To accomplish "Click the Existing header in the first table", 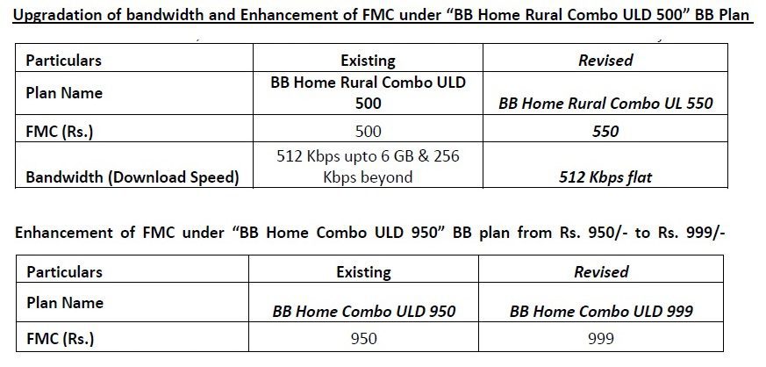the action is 368,61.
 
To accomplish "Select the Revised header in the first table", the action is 605,60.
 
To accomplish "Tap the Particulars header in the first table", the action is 63,60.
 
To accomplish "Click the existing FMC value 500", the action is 368,131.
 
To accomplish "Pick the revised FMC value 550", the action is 605,131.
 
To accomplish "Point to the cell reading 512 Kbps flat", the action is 605,176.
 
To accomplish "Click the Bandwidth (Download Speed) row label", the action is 132,176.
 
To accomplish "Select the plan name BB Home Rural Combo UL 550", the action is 605,103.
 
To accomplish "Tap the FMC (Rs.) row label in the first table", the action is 60,132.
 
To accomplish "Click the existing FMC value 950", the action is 364,338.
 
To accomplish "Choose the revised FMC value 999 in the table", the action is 601,338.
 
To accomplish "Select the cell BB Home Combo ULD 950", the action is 364,311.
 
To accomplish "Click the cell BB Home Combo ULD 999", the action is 601,311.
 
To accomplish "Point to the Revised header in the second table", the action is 601,271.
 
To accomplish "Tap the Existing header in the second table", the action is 364,271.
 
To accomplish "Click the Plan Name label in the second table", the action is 65,303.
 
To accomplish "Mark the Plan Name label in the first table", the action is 64,93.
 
